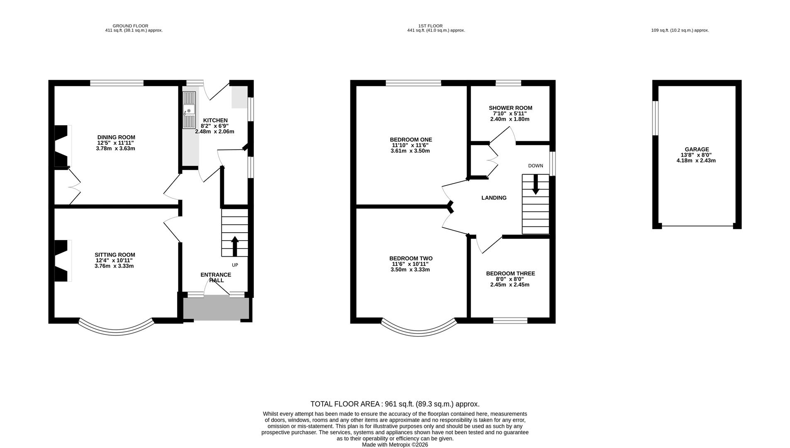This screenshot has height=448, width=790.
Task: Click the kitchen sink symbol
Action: pyautogui.click(x=189, y=110)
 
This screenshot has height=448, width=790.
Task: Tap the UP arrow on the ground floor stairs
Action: pyautogui.click(x=235, y=246)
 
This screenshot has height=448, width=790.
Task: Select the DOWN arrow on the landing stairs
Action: pyautogui.click(x=535, y=185)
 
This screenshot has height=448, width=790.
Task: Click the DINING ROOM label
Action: pyautogui.click(x=116, y=137)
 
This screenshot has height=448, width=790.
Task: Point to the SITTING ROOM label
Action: pyautogui.click(x=115, y=255)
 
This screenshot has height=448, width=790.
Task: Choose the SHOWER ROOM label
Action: pyautogui.click(x=510, y=108)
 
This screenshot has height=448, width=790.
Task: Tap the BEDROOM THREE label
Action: pyautogui.click(x=510, y=273)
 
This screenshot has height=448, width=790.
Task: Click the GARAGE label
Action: pyautogui.click(x=697, y=149)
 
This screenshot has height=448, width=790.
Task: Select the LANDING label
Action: pyautogui.click(x=494, y=198)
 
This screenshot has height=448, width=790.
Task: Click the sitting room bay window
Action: pyautogui.click(x=116, y=332)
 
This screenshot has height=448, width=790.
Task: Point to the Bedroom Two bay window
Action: pyautogui.click(x=419, y=332)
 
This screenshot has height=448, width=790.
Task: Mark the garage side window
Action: pyautogui.click(x=655, y=118)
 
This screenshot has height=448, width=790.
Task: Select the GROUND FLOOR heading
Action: pyautogui.click(x=130, y=26)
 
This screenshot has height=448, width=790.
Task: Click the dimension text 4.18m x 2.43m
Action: pyautogui.click(x=696, y=161)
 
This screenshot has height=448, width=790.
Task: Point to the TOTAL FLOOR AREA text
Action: pyautogui.click(x=395, y=404)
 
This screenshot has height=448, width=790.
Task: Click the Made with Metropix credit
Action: pyautogui.click(x=395, y=445)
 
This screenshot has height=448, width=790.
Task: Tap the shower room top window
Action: pyautogui.click(x=508, y=83)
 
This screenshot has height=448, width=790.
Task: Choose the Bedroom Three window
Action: pyautogui.click(x=510, y=320)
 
